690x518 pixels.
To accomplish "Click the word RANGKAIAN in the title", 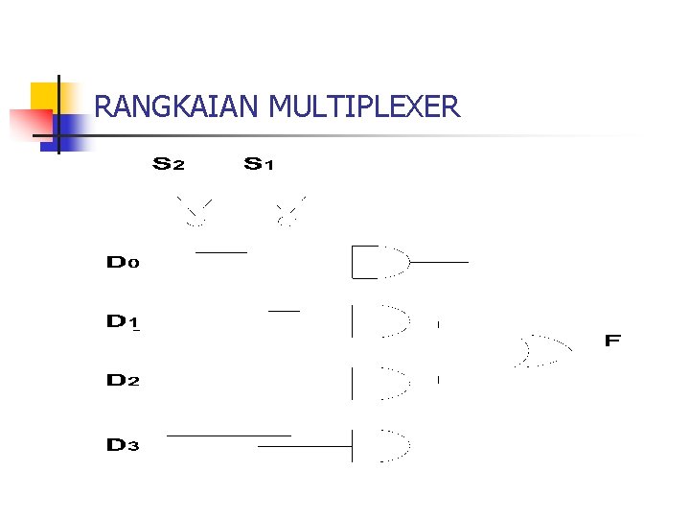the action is [x=177, y=106].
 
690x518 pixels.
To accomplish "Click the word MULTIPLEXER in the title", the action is [x=365, y=106].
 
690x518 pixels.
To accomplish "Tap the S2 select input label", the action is [x=169, y=164].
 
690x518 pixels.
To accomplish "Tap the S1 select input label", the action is [x=259, y=164].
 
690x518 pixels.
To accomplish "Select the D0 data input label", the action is [x=123, y=262].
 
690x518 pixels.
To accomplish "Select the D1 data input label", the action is [x=123, y=322].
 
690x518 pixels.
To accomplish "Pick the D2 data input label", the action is [x=123, y=381].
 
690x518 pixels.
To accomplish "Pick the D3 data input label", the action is [x=123, y=445].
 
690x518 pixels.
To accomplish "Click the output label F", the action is [x=613, y=341].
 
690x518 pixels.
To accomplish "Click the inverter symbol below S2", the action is [x=195, y=213].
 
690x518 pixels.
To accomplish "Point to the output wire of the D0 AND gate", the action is [x=439, y=262].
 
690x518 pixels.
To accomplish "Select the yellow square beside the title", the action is [x=46, y=97].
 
